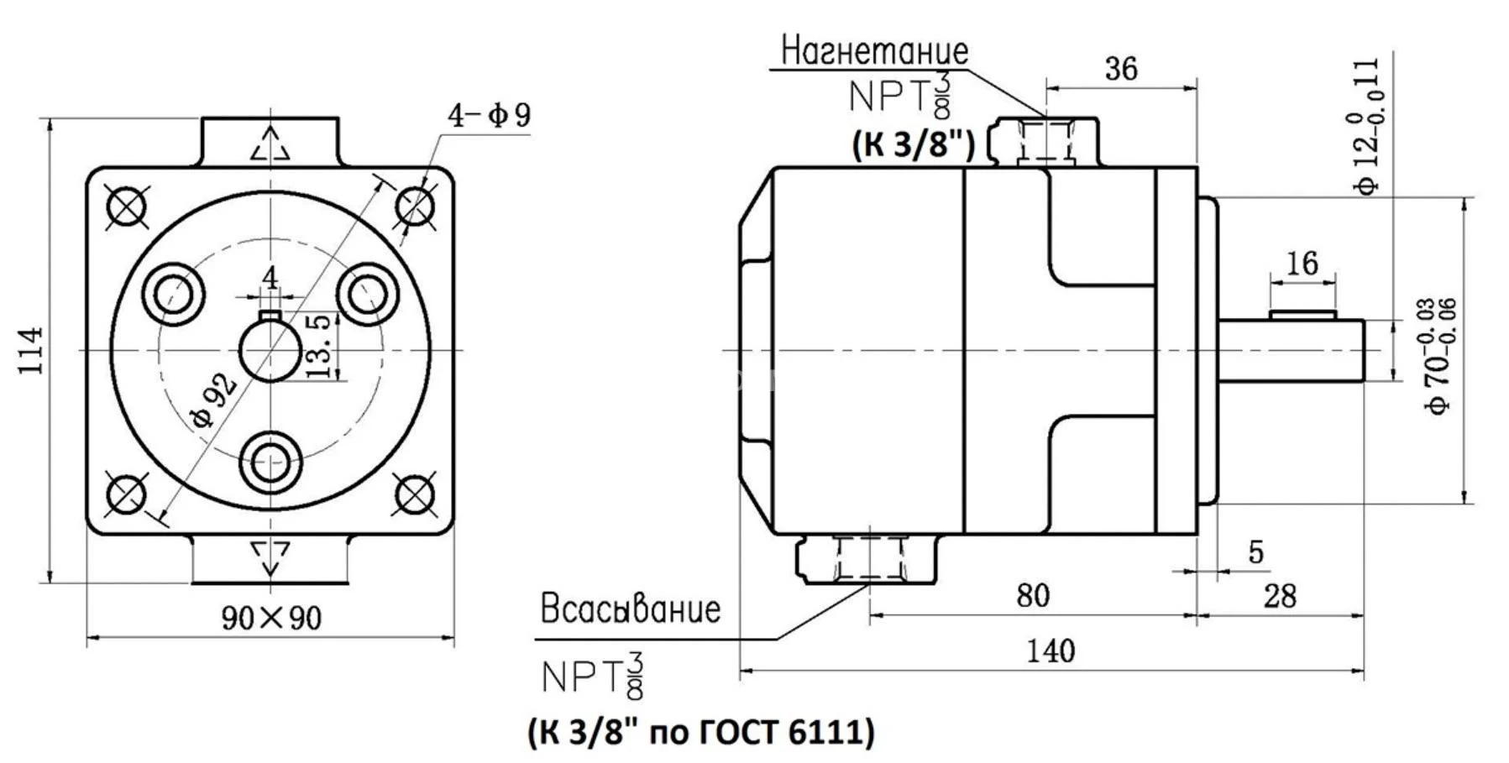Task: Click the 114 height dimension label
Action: (x=31, y=351)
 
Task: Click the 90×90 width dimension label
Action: (x=271, y=619)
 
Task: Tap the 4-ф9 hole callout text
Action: (x=490, y=115)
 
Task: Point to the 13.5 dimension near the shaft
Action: (x=319, y=347)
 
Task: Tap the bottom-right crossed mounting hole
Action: (x=415, y=493)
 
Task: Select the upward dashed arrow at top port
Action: (x=270, y=144)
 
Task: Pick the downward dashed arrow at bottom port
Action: (x=270, y=557)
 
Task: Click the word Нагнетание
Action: (x=874, y=51)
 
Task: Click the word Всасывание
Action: (x=630, y=609)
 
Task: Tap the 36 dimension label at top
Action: (x=1121, y=69)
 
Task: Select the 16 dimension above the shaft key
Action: (x=1302, y=264)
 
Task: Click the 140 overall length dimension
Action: (x=1051, y=651)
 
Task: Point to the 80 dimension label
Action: (x=1033, y=596)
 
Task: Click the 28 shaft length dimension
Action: (x=1280, y=597)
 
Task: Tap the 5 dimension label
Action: (x=1255, y=552)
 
